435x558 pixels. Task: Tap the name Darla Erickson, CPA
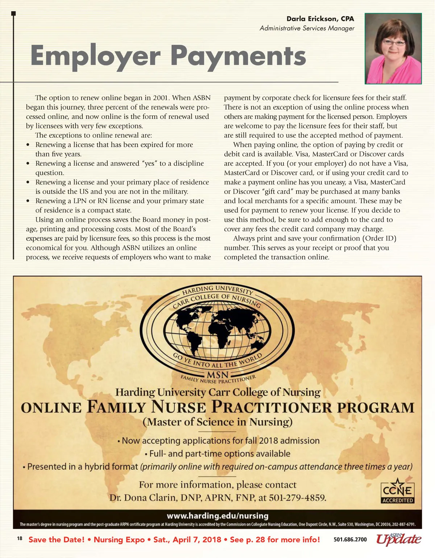tap(320, 19)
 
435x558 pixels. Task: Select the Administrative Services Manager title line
tap(307, 28)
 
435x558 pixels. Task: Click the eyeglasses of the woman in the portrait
tap(394, 43)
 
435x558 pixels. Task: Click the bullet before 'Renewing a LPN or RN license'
tap(28, 201)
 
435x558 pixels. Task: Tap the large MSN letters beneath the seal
tap(217, 374)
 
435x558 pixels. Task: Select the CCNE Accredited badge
tap(398, 492)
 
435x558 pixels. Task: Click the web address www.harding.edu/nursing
tap(217, 516)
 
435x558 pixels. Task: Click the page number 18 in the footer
tap(20, 539)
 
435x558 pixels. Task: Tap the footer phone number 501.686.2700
tap(350, 540)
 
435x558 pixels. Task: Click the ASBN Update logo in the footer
tap(398, 540)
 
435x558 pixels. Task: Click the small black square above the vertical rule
tap(14, 14)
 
